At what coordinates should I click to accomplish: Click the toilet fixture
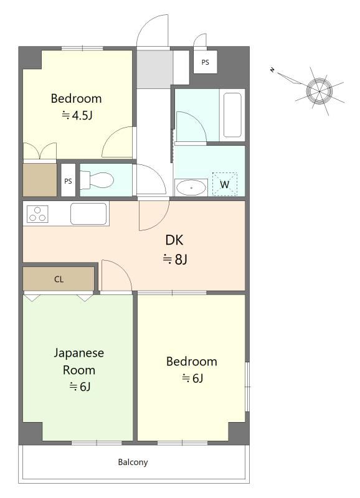click(x=97, y=180)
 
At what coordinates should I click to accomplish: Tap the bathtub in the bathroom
click(x=232, y=115)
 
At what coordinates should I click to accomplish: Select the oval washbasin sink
click(x=191, y=188)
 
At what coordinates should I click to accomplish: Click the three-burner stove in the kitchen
click(x=37, y=214)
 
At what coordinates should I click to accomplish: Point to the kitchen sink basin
click(x=88, y=214)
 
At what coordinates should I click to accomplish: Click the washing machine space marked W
click(x=225, y=184)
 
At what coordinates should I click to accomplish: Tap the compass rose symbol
click(x=319, y=91)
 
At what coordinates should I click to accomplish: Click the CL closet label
click(x=59, y=280)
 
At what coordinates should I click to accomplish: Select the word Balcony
click(x=133, y=462)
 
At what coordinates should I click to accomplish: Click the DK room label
click(x=174, y=240)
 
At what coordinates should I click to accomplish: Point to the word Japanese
click(x=79, y=353)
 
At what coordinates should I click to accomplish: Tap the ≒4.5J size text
click(x=77, y=115)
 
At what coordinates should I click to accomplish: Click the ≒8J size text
click(x=175, y=259)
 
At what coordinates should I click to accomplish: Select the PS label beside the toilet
click(x=68, y=181)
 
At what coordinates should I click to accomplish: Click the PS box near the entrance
click(x=206, y=62)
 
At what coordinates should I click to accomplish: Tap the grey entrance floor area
click(x=154, y=69)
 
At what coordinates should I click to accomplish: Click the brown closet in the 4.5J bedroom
click(x=40, y=180)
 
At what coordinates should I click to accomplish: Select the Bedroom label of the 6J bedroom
click(x=192, y=362)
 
